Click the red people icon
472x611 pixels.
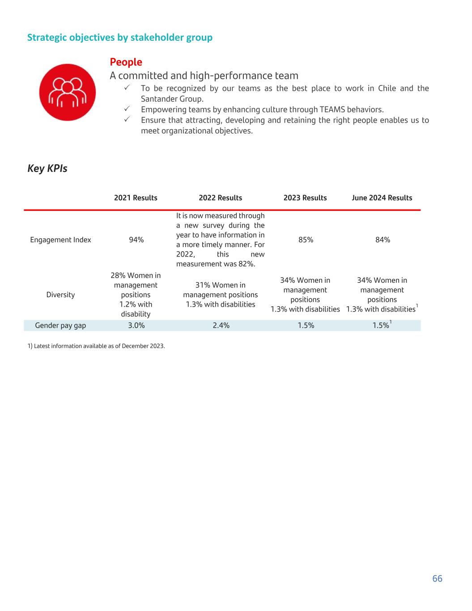(68, 92)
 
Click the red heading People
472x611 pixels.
(126, 62)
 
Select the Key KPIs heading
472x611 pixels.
(47, 169)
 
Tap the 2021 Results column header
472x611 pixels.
(136, 198)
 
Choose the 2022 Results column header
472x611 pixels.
(220, 198)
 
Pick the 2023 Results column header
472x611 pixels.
(305, 198)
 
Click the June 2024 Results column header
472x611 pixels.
(382, 198)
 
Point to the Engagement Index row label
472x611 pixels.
(60, 240)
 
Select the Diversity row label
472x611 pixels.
(60, 295)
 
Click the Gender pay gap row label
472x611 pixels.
(60, 325)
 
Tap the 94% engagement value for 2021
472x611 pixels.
(136, 240)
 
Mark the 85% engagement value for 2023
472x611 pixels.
(306, 240)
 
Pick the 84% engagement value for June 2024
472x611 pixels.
(383, 240)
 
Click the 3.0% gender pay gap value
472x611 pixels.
(136, 325)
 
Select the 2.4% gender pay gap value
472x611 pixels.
(221, 325)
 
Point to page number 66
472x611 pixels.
(437, 579)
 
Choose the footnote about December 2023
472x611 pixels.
(96, 346)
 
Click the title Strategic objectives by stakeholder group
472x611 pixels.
(120, 38)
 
